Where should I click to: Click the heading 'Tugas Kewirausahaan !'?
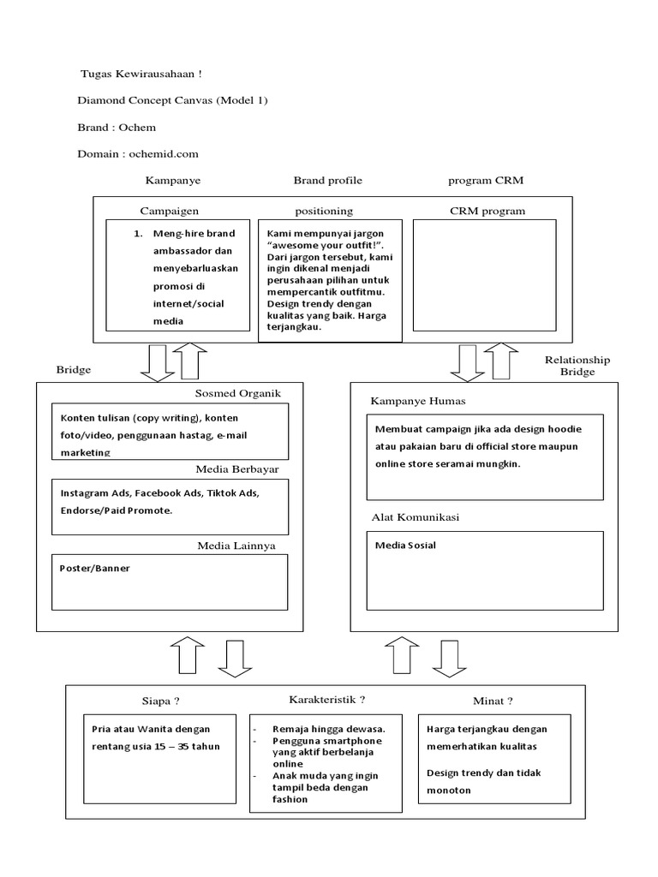point(141,75)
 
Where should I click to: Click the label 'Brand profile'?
point(327,181)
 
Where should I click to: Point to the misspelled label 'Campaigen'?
point(169,210)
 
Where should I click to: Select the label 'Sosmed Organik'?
point(237,393)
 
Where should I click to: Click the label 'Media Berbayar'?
point(237,469)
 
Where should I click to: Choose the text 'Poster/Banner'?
point(95,568)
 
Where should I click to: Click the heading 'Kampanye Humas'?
point(417,401)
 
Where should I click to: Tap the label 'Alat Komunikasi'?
point(415,518)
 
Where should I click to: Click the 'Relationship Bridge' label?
point(577,366)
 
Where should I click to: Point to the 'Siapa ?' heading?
point(160,701)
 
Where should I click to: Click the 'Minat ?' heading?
point(493,701)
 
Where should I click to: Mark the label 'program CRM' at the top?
point(487,181)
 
